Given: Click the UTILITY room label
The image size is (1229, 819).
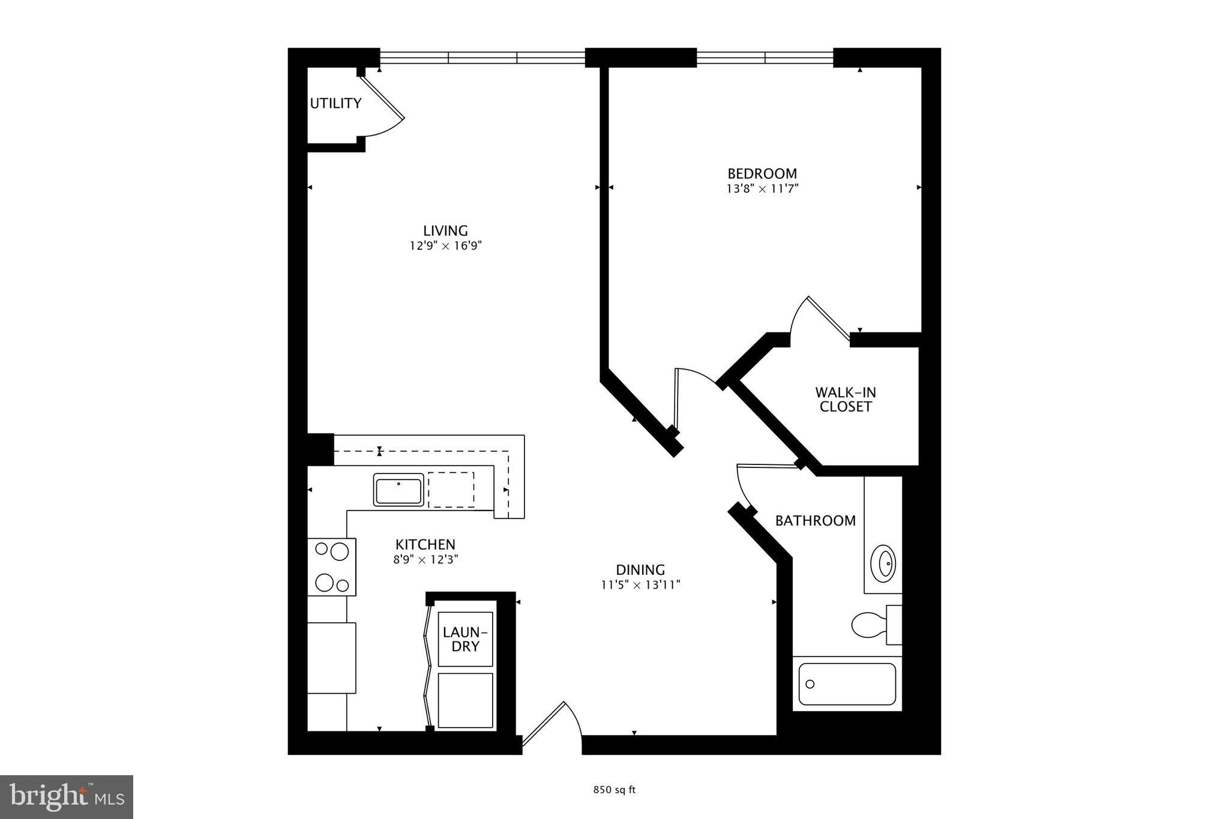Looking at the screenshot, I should [335, 103].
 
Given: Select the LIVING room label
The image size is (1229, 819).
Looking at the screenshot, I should [445, 230].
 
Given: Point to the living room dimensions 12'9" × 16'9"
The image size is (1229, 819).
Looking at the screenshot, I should [445, 246].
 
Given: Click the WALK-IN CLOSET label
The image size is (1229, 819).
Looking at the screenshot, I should [845, 400].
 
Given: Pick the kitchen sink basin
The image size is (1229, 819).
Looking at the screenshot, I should [398, 490].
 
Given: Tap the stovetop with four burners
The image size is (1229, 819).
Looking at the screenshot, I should [332, 567].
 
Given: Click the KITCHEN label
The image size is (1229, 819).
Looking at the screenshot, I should [425, 545].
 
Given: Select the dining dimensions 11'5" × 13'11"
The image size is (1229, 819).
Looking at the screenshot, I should [640, 585].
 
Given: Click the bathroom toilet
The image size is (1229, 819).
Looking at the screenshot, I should [870, 624].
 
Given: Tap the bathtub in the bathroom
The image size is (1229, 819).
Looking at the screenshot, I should [847, 684].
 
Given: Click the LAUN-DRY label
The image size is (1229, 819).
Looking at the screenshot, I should [465, 640].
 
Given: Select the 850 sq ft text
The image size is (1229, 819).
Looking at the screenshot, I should [614, 790].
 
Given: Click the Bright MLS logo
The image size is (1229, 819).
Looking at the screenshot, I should [67, 797].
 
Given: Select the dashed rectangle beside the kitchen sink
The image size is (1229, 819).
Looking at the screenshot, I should [451, 490].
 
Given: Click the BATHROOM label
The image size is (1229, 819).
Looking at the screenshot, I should [815, 521].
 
